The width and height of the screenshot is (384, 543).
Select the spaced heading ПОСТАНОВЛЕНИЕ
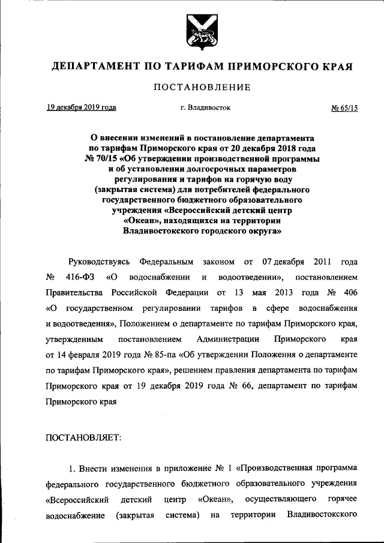(x=201, y=88)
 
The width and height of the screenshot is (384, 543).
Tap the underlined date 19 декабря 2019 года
(x=81, y=108)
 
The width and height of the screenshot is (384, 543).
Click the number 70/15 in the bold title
(x=106, y=159)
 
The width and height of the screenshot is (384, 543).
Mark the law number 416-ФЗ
(x=75, y=278)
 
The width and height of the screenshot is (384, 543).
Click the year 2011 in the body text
(x=320, y=262)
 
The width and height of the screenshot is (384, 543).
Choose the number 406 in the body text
(x=350, y=293)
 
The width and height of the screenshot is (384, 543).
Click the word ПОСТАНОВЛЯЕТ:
(x=83, y=437)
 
